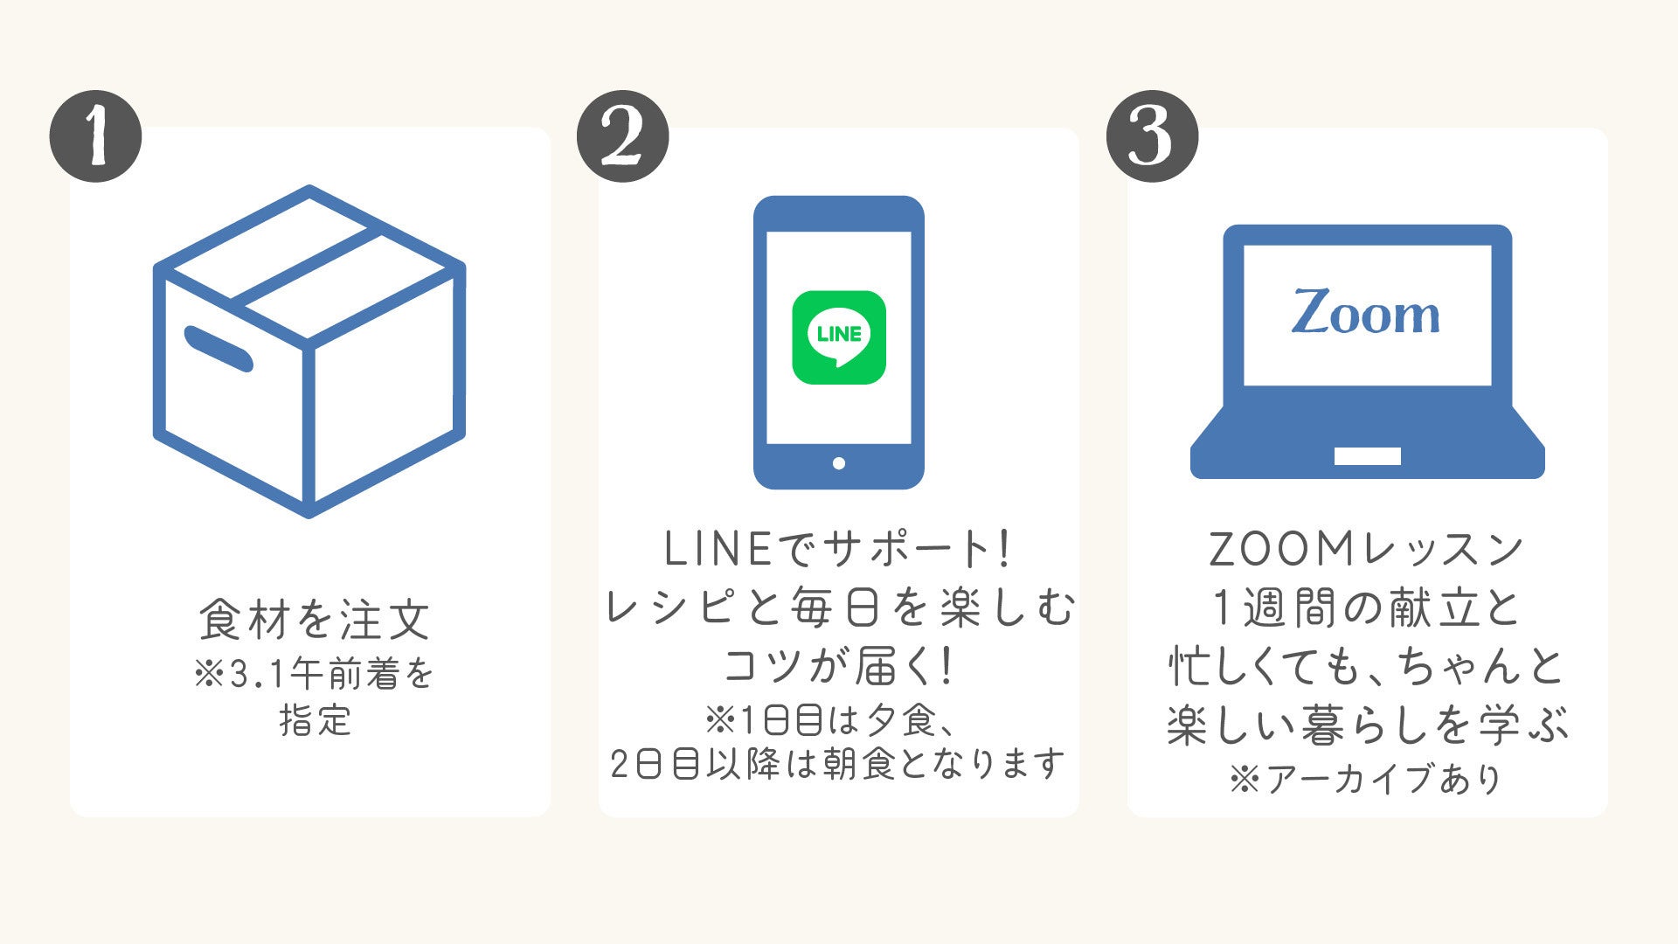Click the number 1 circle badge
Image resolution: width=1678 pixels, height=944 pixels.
tap(95, 136)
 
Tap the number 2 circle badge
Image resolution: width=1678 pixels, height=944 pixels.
tap(622, 136)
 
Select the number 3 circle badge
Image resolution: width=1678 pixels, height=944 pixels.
tap(1152, 136)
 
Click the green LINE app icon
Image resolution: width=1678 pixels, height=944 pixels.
tap(839, 337)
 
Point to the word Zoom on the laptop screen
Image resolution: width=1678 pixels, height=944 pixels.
tap(1366, 313)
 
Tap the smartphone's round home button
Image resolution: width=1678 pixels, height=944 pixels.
tap(839, 463)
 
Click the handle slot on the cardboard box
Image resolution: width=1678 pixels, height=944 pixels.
tap(218, 348)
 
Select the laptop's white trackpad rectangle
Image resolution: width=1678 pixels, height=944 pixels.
tap(1367, 456)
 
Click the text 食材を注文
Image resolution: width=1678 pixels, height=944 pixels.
tap(315, 619)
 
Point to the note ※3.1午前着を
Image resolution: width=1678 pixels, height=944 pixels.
tap(315, 674)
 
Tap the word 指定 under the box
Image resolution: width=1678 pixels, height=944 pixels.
tap(315, 720)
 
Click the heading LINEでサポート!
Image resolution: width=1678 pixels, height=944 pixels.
tap(839, 549)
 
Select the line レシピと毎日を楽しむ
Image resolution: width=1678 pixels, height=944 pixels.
tap(839, 607)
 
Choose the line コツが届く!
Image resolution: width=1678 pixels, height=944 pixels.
tap(839, 666)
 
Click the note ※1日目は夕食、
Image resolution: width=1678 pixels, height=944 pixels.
tap(837, 720)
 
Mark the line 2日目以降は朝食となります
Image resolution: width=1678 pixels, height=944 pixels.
tap(837, 764)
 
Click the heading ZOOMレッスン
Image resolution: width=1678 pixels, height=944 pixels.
tap(1367, 549)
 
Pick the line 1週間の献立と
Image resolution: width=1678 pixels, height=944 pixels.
tap(1367, 607)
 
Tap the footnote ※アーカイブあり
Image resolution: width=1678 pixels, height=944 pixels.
tap(1367, 778)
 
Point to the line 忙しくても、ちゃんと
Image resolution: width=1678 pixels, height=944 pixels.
tap(1367, 666)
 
